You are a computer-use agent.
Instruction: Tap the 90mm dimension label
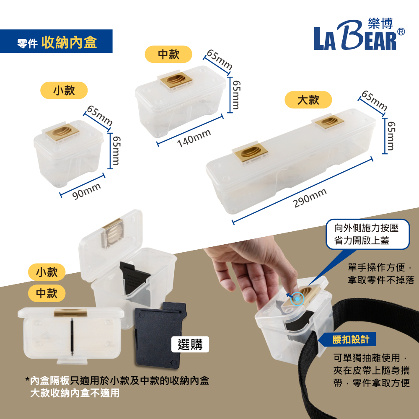tap(86, 191)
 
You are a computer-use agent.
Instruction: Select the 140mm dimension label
tap(194, 138)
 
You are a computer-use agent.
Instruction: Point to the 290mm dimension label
tap(310, 198)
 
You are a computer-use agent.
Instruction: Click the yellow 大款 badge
tap(308, 100)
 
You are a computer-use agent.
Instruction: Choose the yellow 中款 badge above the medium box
tap(168, 54)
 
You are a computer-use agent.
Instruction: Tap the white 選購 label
tap(190, 344)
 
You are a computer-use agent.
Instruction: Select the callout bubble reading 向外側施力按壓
tap(367, 234)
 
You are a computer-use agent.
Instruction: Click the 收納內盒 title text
tap(69, 42)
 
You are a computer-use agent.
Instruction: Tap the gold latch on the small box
tap(62, 132)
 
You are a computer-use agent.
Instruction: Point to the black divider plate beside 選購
tap(160, 335)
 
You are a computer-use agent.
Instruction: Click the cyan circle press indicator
tap(297, 299)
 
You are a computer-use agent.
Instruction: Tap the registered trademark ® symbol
tap(401, 32)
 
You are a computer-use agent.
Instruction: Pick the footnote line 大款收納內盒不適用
tap(75, 393)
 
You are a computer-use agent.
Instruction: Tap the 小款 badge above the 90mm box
tap(64, 91)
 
